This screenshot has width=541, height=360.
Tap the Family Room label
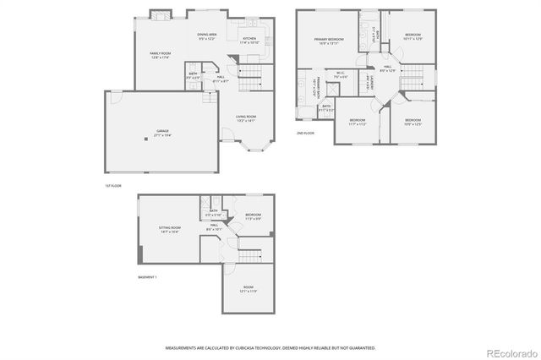[161, 55]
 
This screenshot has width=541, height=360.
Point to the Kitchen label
[249, 40]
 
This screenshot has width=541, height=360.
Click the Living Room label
[245, 118]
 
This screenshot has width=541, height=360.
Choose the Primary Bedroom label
[329, 41]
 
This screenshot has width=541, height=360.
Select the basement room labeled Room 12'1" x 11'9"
[249, 289]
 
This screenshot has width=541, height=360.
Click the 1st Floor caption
[114, 185]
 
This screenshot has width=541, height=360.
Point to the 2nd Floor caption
[305, 134]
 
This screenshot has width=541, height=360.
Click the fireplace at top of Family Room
[161, 14]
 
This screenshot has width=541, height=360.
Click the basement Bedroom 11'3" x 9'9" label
[253, 216]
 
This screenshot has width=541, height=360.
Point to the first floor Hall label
[220, 78]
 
